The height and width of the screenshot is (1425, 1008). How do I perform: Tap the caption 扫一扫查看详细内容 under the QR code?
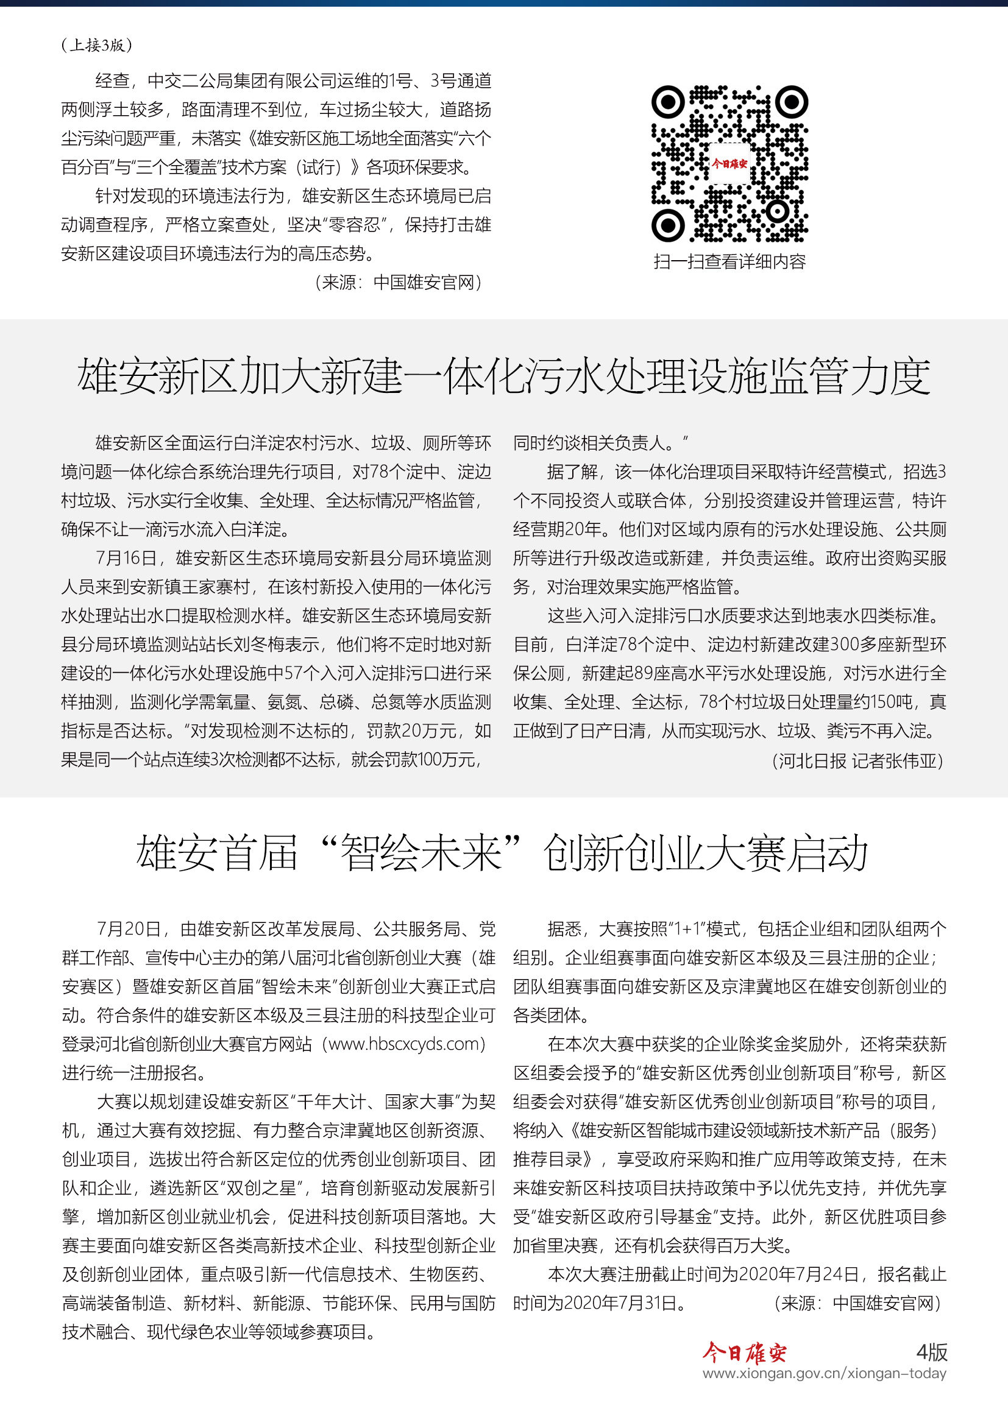[x=729, y=262]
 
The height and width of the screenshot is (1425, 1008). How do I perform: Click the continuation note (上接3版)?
[x=97, y=44]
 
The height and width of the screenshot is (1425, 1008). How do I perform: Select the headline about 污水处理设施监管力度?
[x=503, y=376]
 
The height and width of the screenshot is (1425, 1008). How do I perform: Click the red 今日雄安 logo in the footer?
[x=744, y=1352]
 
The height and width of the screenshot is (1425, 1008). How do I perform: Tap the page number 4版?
[x=932, y=1352]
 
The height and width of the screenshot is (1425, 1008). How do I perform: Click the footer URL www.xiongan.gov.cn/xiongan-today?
[x=825, y=1373]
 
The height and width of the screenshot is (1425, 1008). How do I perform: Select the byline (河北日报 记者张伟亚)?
[x=858, y=760]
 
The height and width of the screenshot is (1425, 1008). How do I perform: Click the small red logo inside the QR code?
[x=729, y=164]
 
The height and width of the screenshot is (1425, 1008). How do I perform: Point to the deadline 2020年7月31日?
[x=619, y=1303]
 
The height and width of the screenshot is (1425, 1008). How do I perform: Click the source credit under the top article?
[x=398, y=283]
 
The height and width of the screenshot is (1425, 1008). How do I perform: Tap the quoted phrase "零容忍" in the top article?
[x=355, y=225]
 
